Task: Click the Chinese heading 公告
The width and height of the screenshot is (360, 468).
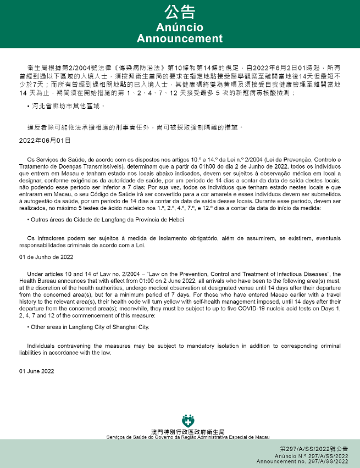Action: click(x=180, y=13)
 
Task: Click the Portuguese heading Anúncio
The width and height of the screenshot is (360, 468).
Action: click(x=180, y=27)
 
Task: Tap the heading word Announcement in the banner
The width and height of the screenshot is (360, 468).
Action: click(x=180, y=38)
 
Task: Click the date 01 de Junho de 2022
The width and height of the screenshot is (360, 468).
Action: click(x=46, y=257)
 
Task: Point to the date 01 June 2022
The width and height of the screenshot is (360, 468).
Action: click(x=36, y=371)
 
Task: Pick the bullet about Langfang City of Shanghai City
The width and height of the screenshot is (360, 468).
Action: click(x=89, y=327)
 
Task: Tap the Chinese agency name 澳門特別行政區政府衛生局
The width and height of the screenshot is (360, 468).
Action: click(x=187, y=432)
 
